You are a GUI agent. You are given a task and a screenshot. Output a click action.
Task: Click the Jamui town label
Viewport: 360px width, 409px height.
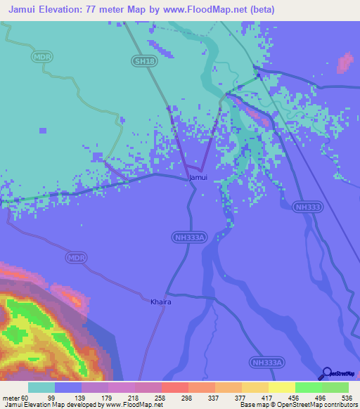click(198, 178)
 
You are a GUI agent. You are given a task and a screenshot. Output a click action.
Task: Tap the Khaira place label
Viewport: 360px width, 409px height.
click(161, 302)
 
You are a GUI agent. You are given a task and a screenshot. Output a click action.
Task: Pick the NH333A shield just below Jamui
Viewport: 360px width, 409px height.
click(189, 238)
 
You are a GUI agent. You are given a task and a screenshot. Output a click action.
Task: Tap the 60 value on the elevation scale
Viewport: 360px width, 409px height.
click(25, 397)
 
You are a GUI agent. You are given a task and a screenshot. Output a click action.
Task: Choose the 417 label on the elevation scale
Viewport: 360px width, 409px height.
click(266, 397)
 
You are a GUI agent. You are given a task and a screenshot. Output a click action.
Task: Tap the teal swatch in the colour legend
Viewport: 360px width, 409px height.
click(41, 387)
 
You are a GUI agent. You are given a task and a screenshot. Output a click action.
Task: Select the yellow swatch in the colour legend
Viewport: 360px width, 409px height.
click(282, 387)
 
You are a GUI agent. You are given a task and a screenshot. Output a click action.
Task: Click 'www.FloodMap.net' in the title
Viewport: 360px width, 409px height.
click(210, 10)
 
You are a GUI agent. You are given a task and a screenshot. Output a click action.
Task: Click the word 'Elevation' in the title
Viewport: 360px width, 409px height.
click(68, 10)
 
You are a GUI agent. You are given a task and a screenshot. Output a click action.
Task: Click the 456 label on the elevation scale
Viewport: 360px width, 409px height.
click(293, 397)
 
